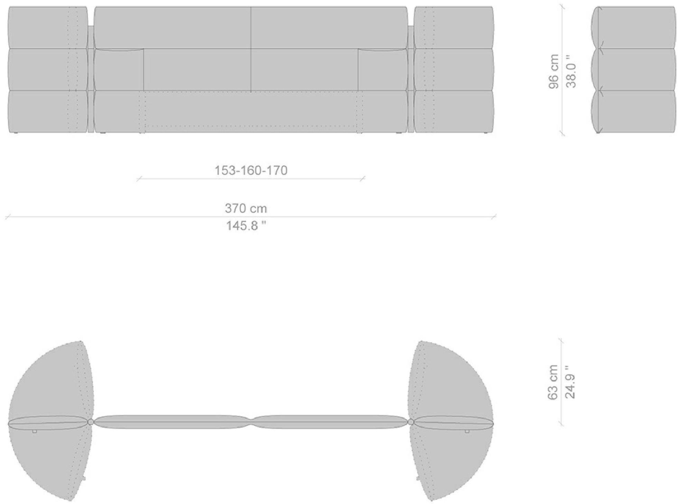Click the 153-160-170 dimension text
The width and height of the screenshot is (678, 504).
pyautogui.click(x=251, y=171)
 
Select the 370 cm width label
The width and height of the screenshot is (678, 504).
pyautogui.click(x=246, y=208)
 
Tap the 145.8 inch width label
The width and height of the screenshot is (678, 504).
pyautogui.click(x=246, y=226)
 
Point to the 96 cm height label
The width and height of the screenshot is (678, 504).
pyautogui.click(x=554, y=71)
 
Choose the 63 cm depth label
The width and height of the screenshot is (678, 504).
pyautogui.click(x=553, y=382)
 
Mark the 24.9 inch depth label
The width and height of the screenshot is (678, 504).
pyautogui.click(x=570, y=382)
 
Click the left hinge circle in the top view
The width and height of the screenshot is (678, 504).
pyautogui.click(x=91, y=422)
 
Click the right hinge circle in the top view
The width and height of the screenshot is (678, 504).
pyautogui.click(x=411, y=422)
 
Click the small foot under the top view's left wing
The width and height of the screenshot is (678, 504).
pyautogui.click(x=34, y=431)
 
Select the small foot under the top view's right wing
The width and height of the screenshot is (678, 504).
pyautogui.click(x=467, y=431)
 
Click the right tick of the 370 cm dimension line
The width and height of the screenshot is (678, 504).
pyautogui.click(x=494, y=217)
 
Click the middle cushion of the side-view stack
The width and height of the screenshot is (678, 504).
pyautogui.click(x=633, y=69)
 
